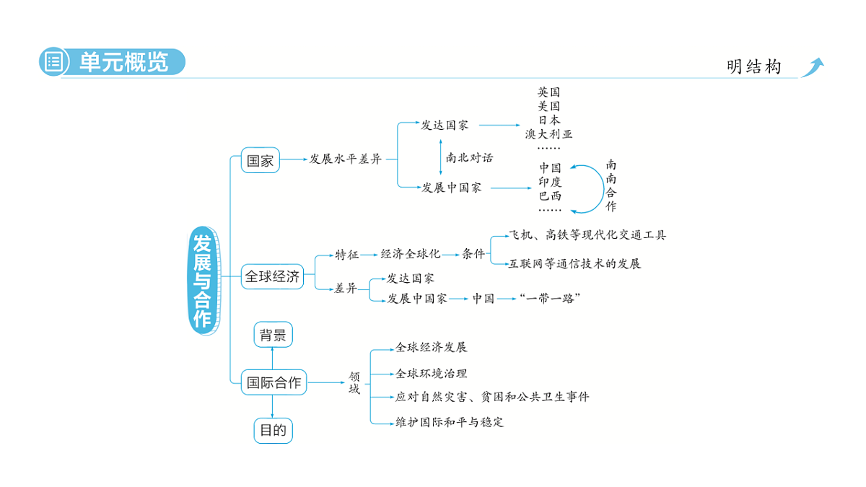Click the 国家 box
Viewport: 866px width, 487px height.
tap(260, 160)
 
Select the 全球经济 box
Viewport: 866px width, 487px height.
tap(272, 276)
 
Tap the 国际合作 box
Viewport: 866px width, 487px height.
tap(274, 382)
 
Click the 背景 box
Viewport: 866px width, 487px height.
tap(273, 335)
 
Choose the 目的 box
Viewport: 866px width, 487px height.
tap(273, 431)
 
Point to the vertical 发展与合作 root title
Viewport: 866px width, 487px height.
tap(203, 280)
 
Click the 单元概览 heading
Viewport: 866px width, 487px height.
tap(124, 62)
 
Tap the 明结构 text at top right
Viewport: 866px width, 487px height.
tap(753, 67)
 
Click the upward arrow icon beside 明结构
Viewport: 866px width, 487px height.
tap(813, 67)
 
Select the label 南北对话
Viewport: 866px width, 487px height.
tap(469, 157)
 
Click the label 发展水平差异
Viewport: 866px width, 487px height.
tap(345, 159)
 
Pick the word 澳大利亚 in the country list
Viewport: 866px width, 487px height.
tap(548, 133)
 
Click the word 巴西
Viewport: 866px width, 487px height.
tap(550, 195)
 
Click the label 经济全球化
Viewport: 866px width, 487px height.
tap(410, 254)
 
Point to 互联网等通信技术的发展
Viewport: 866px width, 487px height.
tap(574, 263)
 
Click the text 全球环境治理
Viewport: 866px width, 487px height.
tap(431, 373)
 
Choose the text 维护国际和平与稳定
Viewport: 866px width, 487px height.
tap(450, 422)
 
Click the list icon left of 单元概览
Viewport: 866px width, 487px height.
tap(53, 62)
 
